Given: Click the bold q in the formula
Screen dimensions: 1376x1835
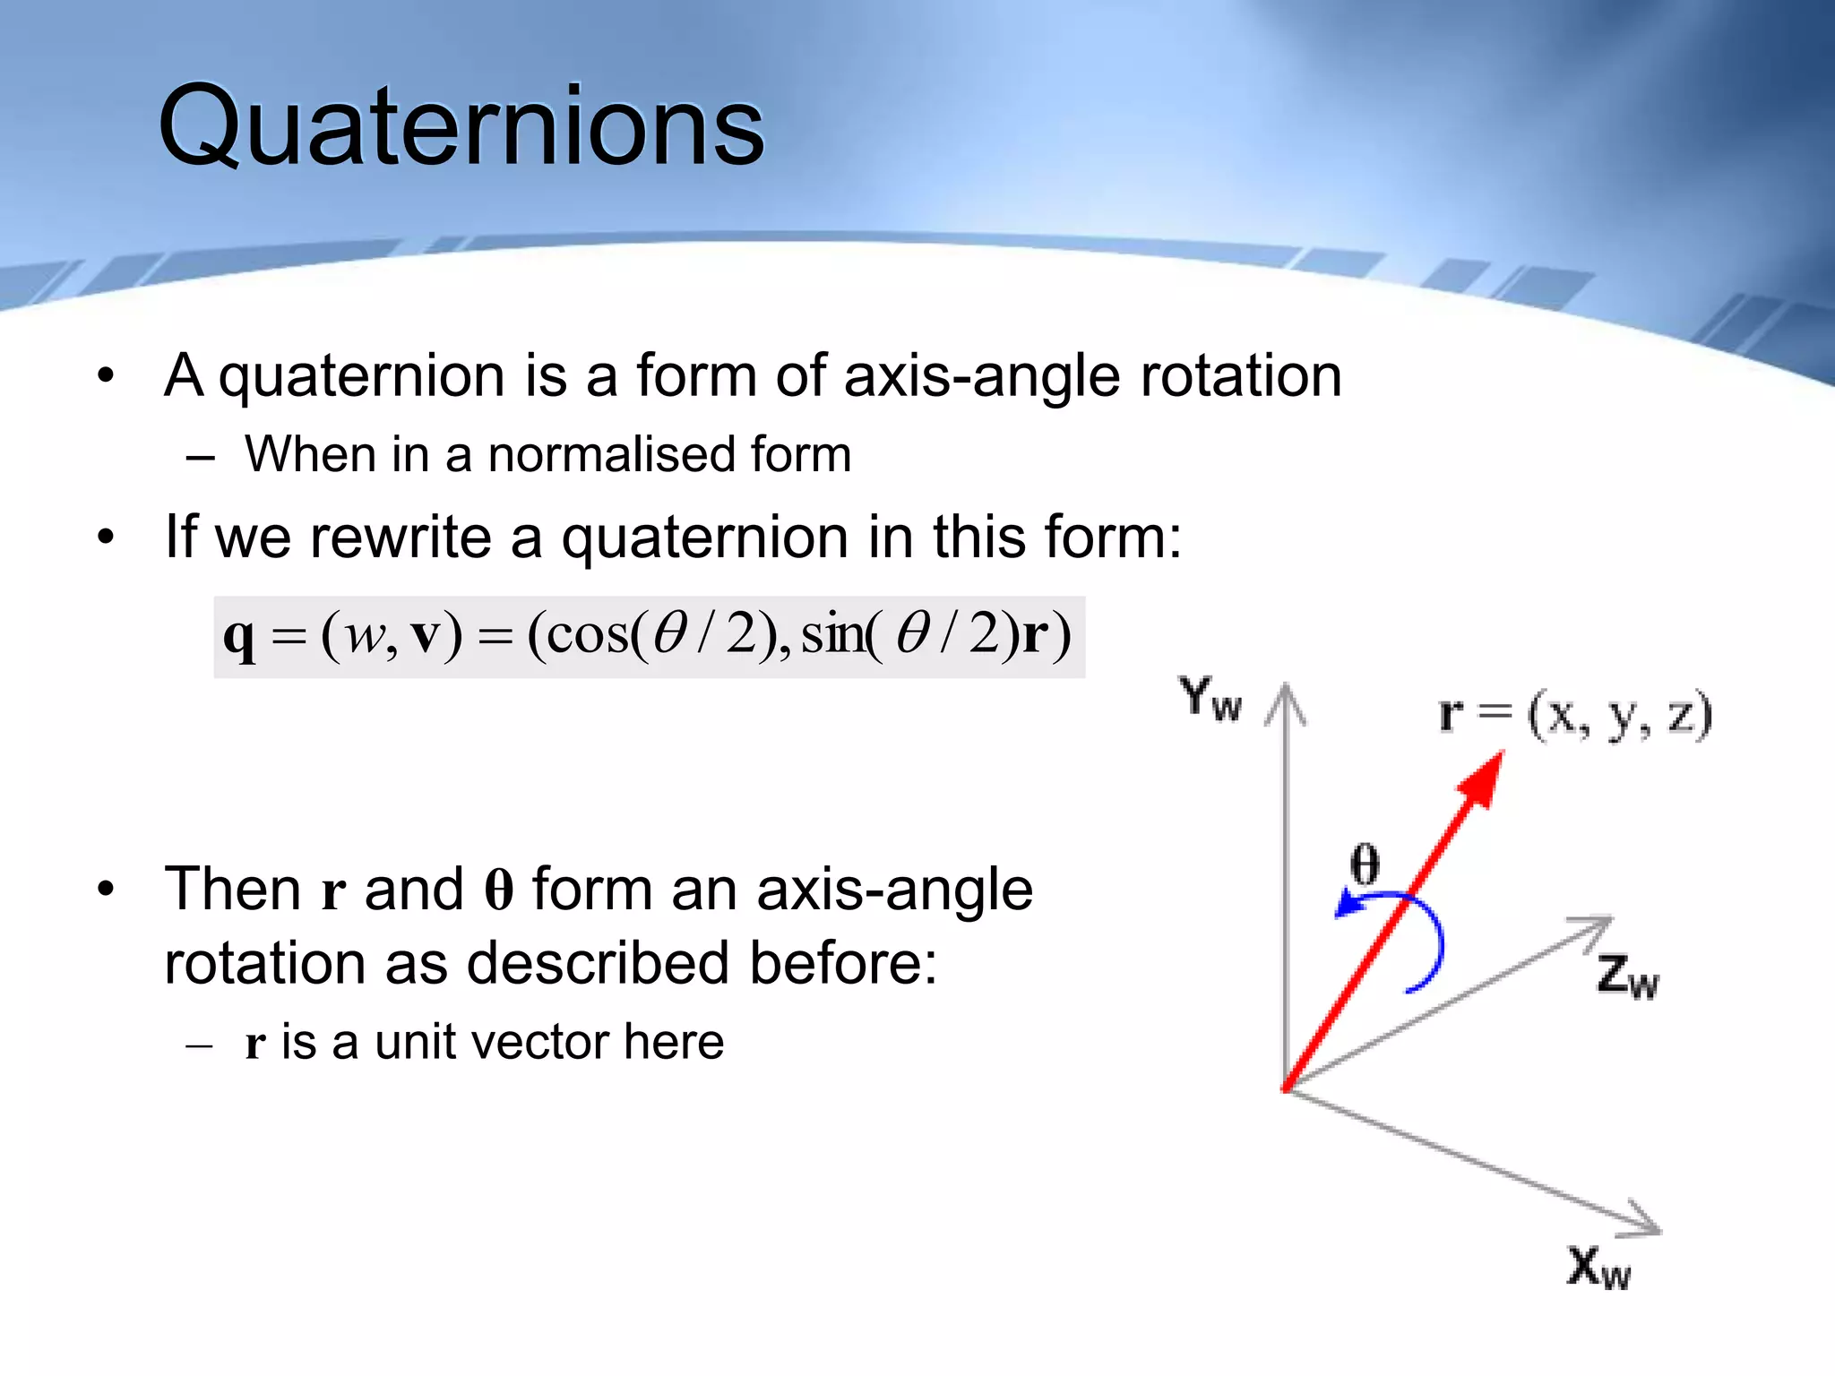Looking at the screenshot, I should tap(239, 638).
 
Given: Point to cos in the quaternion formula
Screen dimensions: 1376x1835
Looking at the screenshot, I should tap(587, 635).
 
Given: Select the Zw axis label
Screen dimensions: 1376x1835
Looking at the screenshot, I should tap(1627, 976).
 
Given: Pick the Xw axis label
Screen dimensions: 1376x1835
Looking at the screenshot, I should tap(1598, 1267).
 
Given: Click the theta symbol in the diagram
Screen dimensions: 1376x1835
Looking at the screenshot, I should tap(1365, 864).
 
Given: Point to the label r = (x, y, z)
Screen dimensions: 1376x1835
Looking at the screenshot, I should tap(1575, 716).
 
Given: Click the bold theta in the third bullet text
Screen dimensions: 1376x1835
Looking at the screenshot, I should tap(499, 890).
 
